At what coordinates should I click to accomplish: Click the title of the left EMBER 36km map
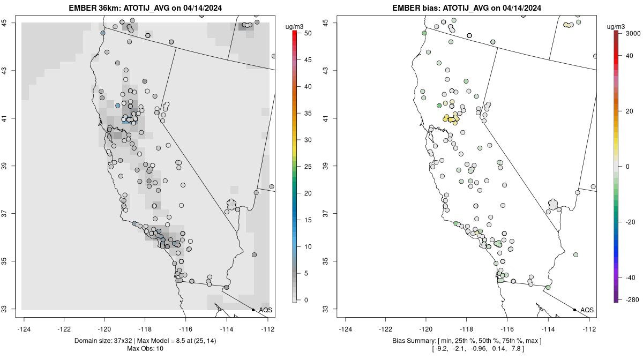[146, 8]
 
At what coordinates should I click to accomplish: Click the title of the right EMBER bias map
[468, 8]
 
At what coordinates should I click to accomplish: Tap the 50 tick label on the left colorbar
[308, 33]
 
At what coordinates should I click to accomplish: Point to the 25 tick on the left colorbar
[308, 167]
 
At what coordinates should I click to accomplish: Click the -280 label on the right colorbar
[631, 300]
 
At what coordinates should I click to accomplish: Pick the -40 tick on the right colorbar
[631, 277]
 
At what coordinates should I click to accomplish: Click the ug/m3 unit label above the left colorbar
[297, 25]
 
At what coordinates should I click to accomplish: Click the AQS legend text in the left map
[266, 310]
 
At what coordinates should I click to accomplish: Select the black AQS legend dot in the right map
[574, 310]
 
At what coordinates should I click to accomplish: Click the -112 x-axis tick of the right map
[589, 329]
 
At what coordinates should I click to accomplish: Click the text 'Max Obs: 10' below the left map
[145, 349]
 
